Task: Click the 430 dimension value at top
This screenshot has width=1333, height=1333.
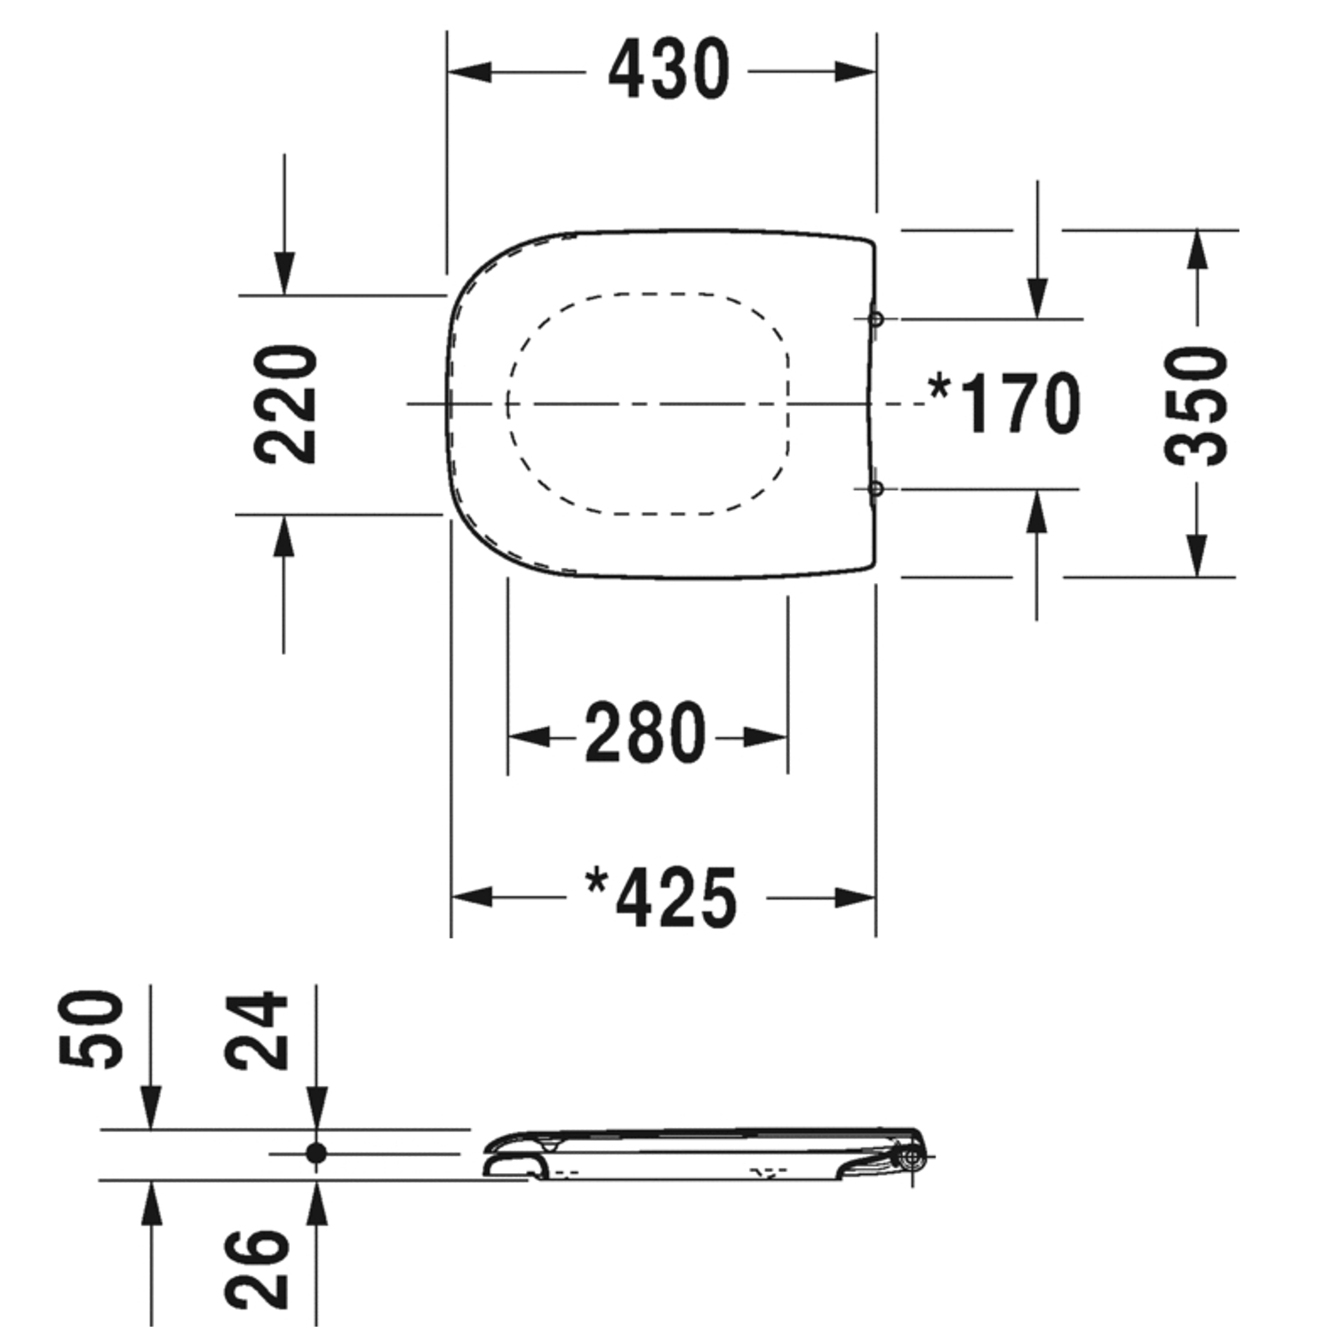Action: coord(668,70)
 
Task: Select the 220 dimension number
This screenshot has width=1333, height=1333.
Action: coord(286,404)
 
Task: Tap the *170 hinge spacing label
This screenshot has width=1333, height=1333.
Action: coord(1004,403)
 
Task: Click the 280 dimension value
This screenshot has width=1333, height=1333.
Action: coord(645,734)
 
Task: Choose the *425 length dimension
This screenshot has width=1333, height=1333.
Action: coord(662,898)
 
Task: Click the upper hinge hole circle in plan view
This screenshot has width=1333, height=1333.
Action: coord(875,318)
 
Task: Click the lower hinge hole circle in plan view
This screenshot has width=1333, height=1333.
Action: coord(875,489)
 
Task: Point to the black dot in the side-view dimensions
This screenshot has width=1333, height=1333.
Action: coord(316,1153)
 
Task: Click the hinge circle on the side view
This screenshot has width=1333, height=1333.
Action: coord(912,1156)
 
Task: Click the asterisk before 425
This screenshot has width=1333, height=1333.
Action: coord(596,882)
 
